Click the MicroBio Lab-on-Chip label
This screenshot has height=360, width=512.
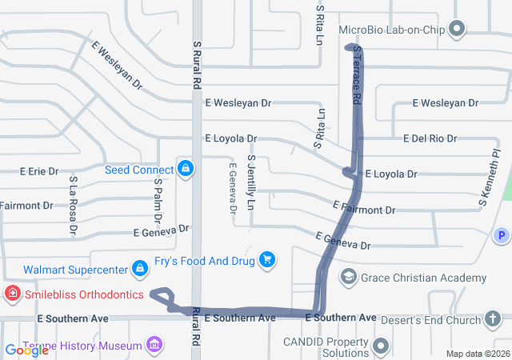coord(391,30)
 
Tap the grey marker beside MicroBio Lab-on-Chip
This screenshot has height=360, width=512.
coord(457,30)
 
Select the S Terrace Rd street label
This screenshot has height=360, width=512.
coord(357,74)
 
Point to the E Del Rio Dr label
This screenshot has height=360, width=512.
coord(430,138)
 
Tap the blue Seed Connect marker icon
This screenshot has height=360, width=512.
coord(186,168)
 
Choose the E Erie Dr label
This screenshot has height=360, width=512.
coord(38,171)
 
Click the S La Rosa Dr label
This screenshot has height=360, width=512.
coord(73,206)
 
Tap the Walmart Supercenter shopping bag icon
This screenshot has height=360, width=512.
coord(140,267)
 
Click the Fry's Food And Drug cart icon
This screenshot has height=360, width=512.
coord(267,259)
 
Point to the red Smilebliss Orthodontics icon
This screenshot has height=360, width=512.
coord(13,294)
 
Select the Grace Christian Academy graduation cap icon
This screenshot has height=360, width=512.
coord(348,278)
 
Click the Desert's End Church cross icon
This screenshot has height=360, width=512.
coord(494,318)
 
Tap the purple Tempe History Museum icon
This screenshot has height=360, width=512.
coord(154,346)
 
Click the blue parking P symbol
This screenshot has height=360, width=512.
coord(501,235)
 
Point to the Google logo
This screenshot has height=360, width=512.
coord(26,350)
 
